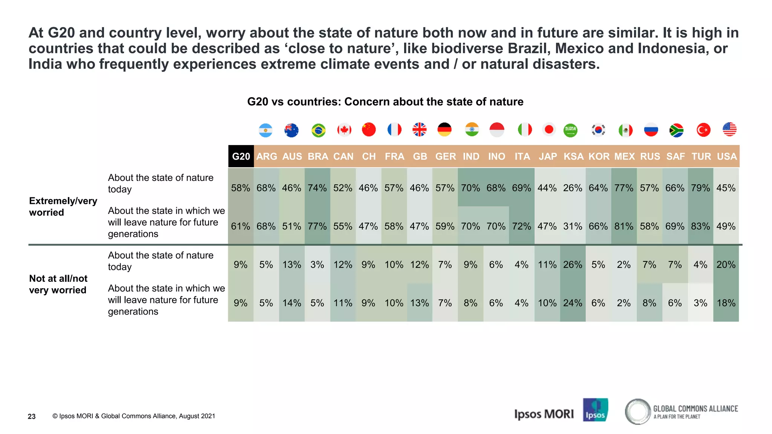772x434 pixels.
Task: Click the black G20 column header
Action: [x=241, y=156]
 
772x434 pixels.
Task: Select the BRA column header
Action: [x=318, y=156]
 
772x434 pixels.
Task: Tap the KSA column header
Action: [x=573, y=156]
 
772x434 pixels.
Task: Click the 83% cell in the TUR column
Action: [x=700, y=226]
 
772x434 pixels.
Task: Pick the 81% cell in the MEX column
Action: [x=624, y=226]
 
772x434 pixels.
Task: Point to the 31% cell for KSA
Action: [x=573, y=226]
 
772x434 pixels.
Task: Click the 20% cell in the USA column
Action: [x=726, y=265]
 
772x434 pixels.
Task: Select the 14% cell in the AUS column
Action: [x=292, y=303]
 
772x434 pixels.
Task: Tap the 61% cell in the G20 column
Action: [x=240, y=226]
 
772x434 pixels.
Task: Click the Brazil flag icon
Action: [x=319, y=130]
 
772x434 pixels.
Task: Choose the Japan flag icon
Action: [x=549, y=130]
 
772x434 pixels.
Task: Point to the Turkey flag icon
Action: [x=703, y=130]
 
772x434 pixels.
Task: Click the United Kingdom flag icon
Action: [x=419, y=130]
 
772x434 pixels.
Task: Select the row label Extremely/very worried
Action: [x=63, y=206]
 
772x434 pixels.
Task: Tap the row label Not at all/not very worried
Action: [x=58, y=284]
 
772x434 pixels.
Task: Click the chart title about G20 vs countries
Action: [x=385, y=102]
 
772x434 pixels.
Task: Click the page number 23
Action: [x=32, y=416]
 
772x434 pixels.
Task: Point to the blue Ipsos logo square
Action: [x=595, y=410]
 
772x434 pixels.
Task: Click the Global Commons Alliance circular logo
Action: [x=638, y=412]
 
